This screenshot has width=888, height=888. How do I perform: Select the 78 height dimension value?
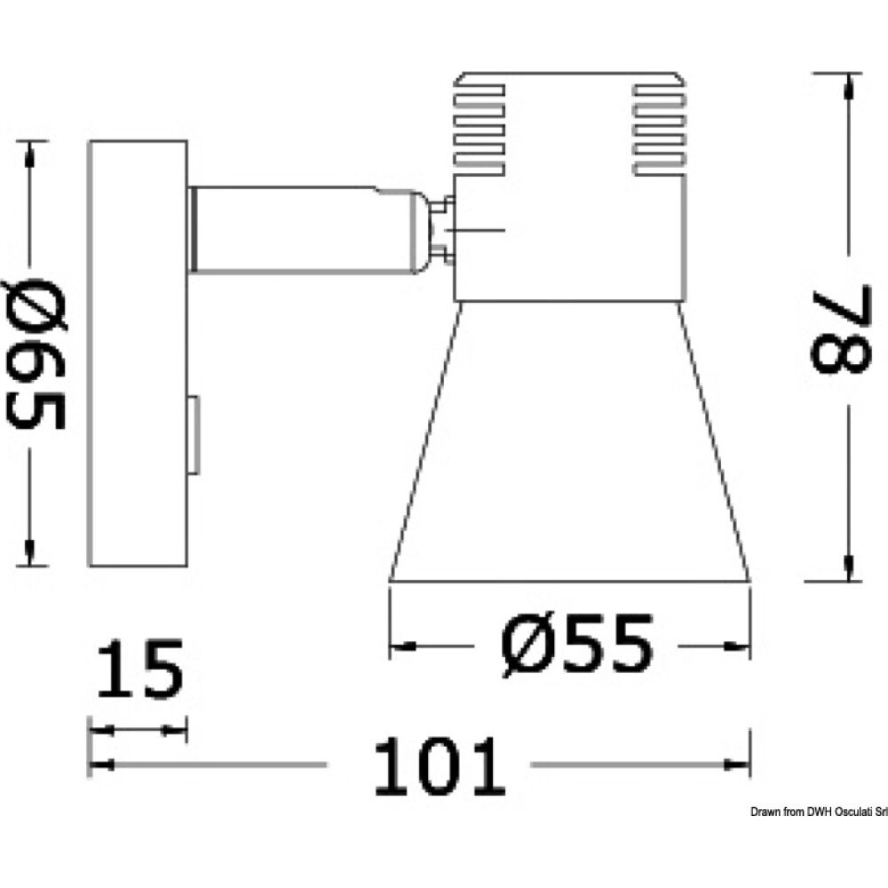click(x=839, y=328)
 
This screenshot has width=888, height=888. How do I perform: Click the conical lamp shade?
click(x=569, y=444)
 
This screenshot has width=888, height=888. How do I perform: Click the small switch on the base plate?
click(x=193, y=436)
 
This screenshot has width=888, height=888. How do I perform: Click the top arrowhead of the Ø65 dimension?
click(x=31, y=155)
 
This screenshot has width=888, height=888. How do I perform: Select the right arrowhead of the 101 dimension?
click(x=736, y=765)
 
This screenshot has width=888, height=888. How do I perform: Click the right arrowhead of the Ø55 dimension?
click(x=739, y=646)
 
